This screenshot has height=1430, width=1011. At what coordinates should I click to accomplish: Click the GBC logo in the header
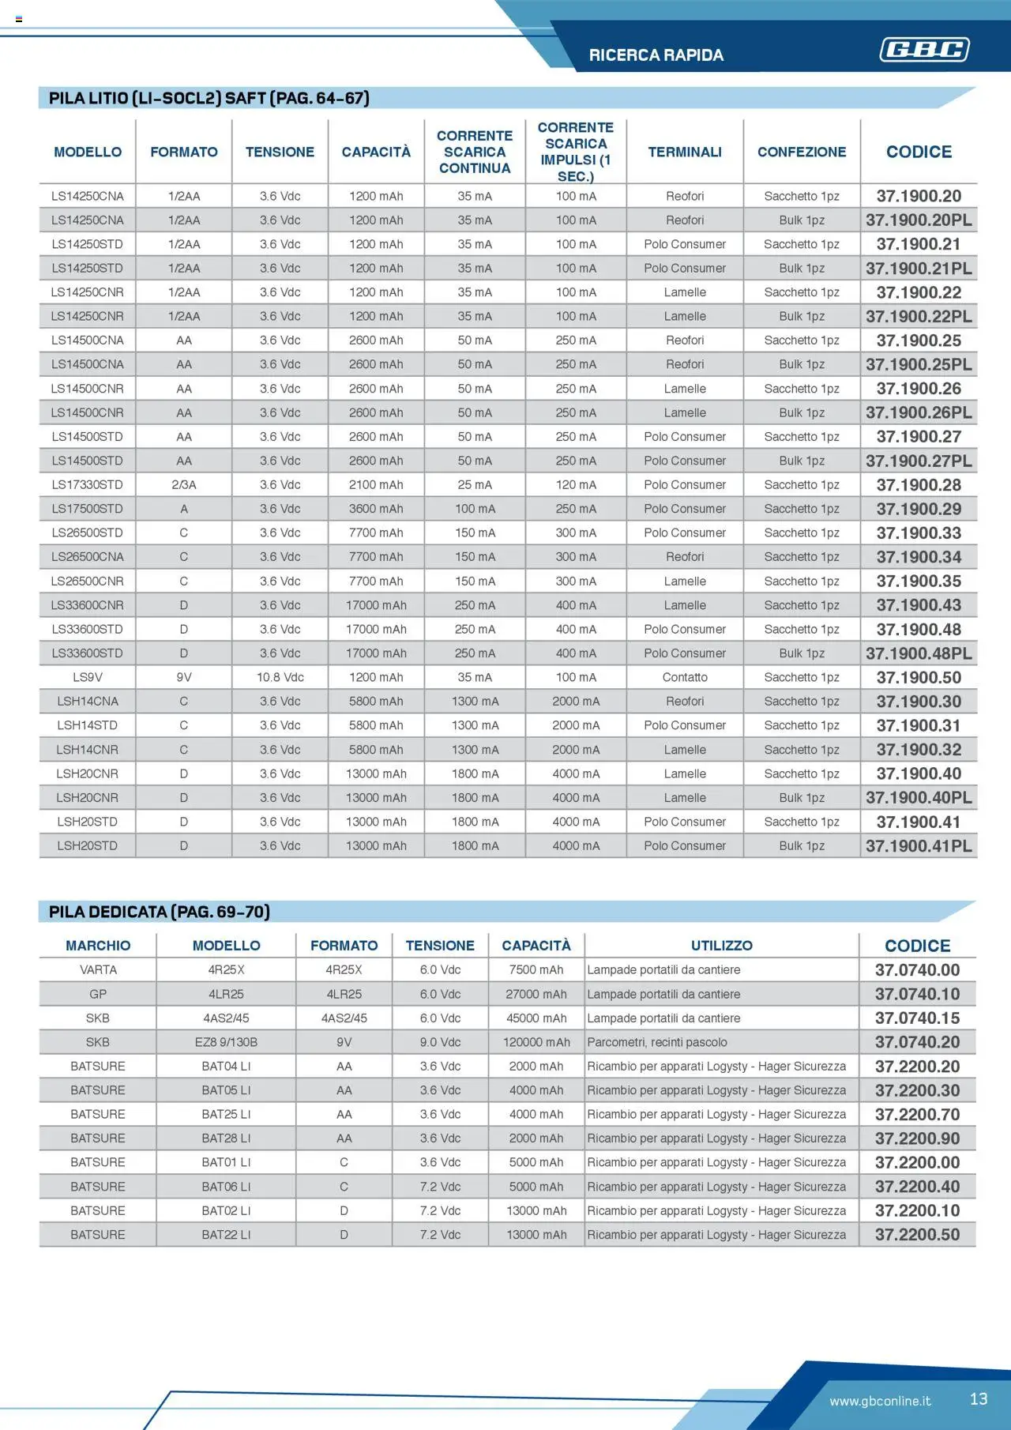(x=924, y=50)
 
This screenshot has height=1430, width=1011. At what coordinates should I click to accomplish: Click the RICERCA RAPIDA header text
(x=656, y=55)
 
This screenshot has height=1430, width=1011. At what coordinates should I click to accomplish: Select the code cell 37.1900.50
(x=919, y=678)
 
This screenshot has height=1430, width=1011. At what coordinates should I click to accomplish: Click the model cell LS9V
(x=88, y=678)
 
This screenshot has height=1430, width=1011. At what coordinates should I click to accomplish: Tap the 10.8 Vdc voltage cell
(x=280, y=678)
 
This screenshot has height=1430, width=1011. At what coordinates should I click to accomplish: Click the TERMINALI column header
(x=685, y=152)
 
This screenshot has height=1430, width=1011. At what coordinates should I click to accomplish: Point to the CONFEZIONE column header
(x=802, y=152)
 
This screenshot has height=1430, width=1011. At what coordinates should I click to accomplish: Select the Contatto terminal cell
(x=685, y=678)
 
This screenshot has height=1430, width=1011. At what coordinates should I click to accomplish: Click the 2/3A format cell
(x=183, y=485)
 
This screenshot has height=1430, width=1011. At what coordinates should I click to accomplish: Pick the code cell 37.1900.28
(x=919, y=485)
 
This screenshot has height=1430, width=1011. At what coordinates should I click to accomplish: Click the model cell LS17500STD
(x=88, y=509)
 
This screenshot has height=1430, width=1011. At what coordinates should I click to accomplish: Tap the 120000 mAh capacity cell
(x=536, y=1042)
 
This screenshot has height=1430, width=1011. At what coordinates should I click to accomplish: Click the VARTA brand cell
(x=98, y=970)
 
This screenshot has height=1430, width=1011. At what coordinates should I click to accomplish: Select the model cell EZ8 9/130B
(x=226, y=1042)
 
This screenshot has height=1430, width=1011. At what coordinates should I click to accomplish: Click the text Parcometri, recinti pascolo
(x=656, y=1042)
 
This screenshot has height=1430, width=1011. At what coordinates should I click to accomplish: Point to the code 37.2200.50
(x=917, y=1235)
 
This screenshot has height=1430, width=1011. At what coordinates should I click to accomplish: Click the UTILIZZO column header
(x=721, y=946)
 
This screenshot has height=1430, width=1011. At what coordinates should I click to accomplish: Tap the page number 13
(x=979, y=1399)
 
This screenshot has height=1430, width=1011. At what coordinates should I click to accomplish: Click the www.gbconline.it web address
(x=880, y=1401)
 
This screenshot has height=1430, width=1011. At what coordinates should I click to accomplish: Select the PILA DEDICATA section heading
(x=160, y=912)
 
